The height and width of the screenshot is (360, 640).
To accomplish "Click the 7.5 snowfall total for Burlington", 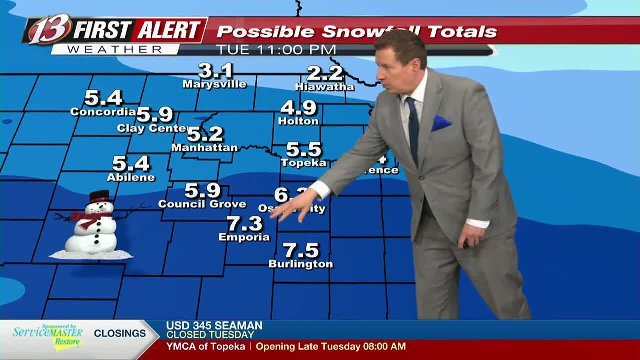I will click(x=301, y=250).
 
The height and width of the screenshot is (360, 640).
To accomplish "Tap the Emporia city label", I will click(x=244, y=237).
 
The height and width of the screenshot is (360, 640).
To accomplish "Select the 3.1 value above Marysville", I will click(x=215, y=71).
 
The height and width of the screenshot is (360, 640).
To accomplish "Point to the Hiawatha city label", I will click(x=324, y=87).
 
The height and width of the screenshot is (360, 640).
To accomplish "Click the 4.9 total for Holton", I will click(x=298, y=107).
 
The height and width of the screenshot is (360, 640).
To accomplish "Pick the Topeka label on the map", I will click(x=303, y=163).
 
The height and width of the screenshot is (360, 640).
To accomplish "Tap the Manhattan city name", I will click(x=204, y=148).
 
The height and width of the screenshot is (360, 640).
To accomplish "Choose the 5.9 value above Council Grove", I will click(x=202, y=190).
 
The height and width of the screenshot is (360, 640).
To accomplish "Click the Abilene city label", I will click(x=131, y=177).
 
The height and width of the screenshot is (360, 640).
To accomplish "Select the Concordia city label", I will click(x=103, y=112).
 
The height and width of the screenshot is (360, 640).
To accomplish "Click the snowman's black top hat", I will click(x=100, y=195).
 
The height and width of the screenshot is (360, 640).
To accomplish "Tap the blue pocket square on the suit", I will click(x=441, y=123).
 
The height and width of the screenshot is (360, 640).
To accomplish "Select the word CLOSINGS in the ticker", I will click(x=120, y=333).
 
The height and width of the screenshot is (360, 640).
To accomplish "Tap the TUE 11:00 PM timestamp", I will click(x=276, y=50).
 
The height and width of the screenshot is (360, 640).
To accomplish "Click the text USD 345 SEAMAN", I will click(x=214, y=325).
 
